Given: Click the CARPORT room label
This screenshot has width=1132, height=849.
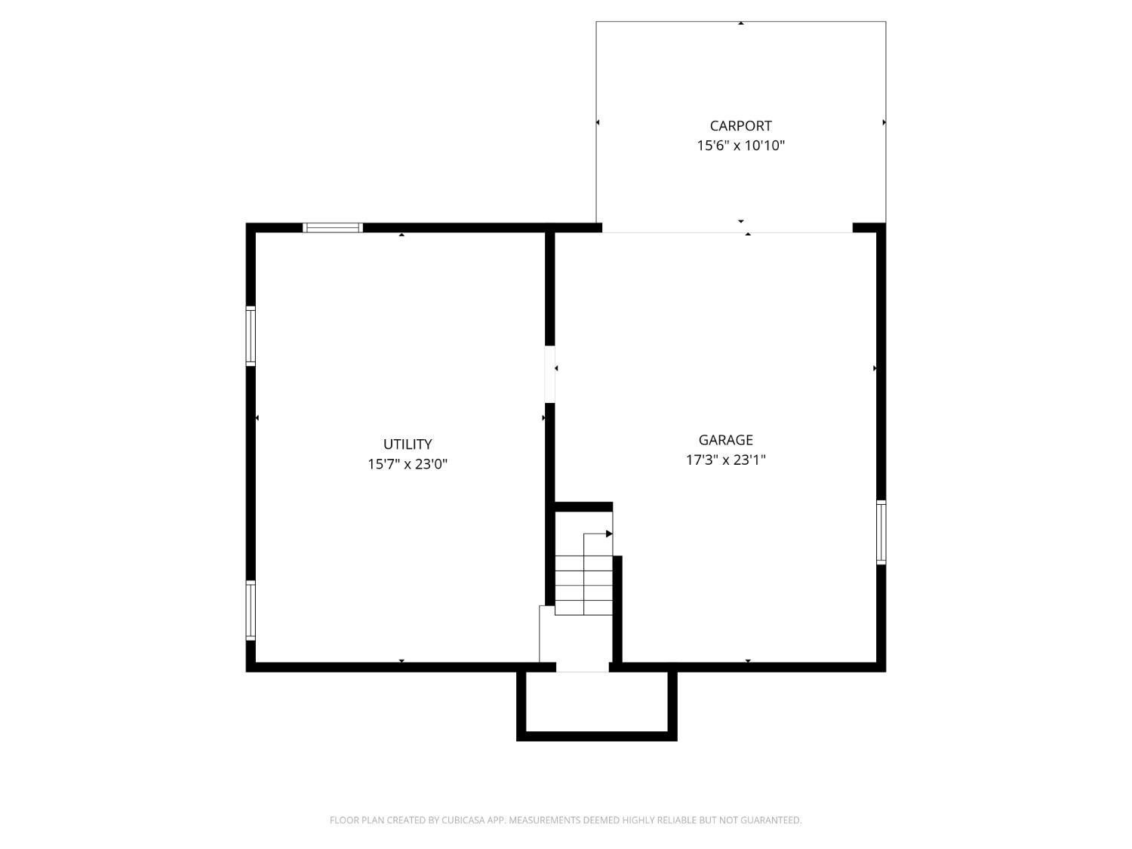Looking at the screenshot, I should click(740, 126).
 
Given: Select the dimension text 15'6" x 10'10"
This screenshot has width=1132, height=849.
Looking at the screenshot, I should click(740, 146).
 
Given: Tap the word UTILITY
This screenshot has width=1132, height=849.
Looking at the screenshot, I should click(408, 444).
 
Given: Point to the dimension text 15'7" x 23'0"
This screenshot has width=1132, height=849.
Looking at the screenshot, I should click(408, 464).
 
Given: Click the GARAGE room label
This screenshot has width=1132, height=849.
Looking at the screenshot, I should click(725, 440).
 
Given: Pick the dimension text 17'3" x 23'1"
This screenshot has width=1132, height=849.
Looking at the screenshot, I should click(725, 460).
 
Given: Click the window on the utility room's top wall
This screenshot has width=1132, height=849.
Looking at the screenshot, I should click(333, 227).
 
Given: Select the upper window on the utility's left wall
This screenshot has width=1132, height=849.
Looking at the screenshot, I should click(251, 336).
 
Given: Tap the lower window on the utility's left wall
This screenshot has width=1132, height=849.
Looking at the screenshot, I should click(251, 610).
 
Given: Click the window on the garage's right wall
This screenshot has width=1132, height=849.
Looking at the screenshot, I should click(881, 532).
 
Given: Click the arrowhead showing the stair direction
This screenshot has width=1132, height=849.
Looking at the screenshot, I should click(609, 534).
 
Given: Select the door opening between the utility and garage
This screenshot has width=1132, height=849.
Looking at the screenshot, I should click(550, 374).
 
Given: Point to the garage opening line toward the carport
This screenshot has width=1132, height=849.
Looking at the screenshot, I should click(727, 232).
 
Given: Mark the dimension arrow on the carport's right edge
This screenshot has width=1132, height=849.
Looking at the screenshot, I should click(884, 122).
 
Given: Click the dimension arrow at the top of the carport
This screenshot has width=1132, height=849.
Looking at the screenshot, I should click(741, 24).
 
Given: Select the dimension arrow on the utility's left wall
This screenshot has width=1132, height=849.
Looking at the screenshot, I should click(257, 417).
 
